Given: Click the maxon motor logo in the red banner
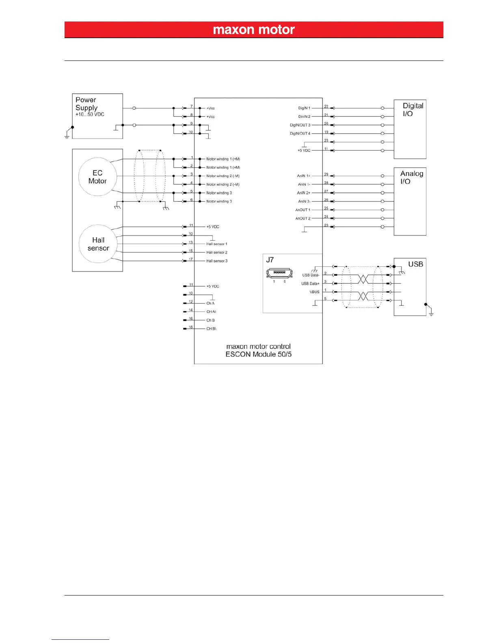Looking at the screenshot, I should (254, 30).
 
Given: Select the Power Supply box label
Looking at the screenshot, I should (86, 104).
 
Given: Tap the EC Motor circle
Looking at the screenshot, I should (97, 177).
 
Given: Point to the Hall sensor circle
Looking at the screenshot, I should (98, 244).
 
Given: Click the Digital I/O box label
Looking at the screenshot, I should (413, 110).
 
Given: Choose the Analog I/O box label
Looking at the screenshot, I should (411, 177).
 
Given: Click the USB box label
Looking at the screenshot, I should (415, 264).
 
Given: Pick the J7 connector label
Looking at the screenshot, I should (270, 260).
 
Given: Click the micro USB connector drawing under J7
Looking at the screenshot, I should (279, 274).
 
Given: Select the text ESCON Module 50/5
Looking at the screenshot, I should (259, 354).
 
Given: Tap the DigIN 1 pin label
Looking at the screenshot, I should (304, 108).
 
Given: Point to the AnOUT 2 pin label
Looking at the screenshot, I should (303, 218).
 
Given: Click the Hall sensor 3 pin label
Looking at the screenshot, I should (217, 261).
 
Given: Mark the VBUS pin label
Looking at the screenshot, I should (314, 292).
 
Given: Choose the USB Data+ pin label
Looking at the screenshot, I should (310, 284).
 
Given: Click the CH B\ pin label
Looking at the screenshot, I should (211, 329).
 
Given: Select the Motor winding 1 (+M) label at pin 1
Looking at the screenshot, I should (223, 159).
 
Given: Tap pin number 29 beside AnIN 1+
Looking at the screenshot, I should (326, 175).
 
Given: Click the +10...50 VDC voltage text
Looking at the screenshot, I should (90, 114).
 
